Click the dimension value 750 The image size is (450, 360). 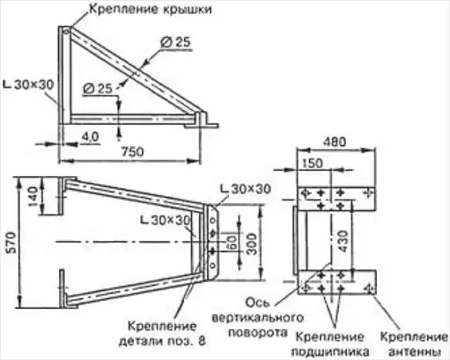click(133, 151)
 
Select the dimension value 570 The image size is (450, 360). click(11, 242)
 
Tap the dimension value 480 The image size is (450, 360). click(335, 142)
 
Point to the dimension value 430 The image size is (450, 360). click(343, 241)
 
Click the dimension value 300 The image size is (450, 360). click(252, 244)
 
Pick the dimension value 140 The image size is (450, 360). click(33, 196)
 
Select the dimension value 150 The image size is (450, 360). click(312, 163)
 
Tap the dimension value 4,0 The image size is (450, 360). click(90, 136)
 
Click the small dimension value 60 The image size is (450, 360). click(232, 243)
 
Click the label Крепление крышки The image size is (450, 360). click(151, 9)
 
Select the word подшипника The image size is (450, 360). click(330, 351)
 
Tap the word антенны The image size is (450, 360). click(414, 351)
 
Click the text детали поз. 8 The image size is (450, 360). click(162, 341)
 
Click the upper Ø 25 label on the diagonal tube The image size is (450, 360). click(175, 42)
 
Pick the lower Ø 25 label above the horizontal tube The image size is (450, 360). click(98, 89)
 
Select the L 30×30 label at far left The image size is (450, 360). click(28, 84)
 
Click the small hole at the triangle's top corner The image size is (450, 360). click(66, 32)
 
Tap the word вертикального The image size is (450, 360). click(257, 318)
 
